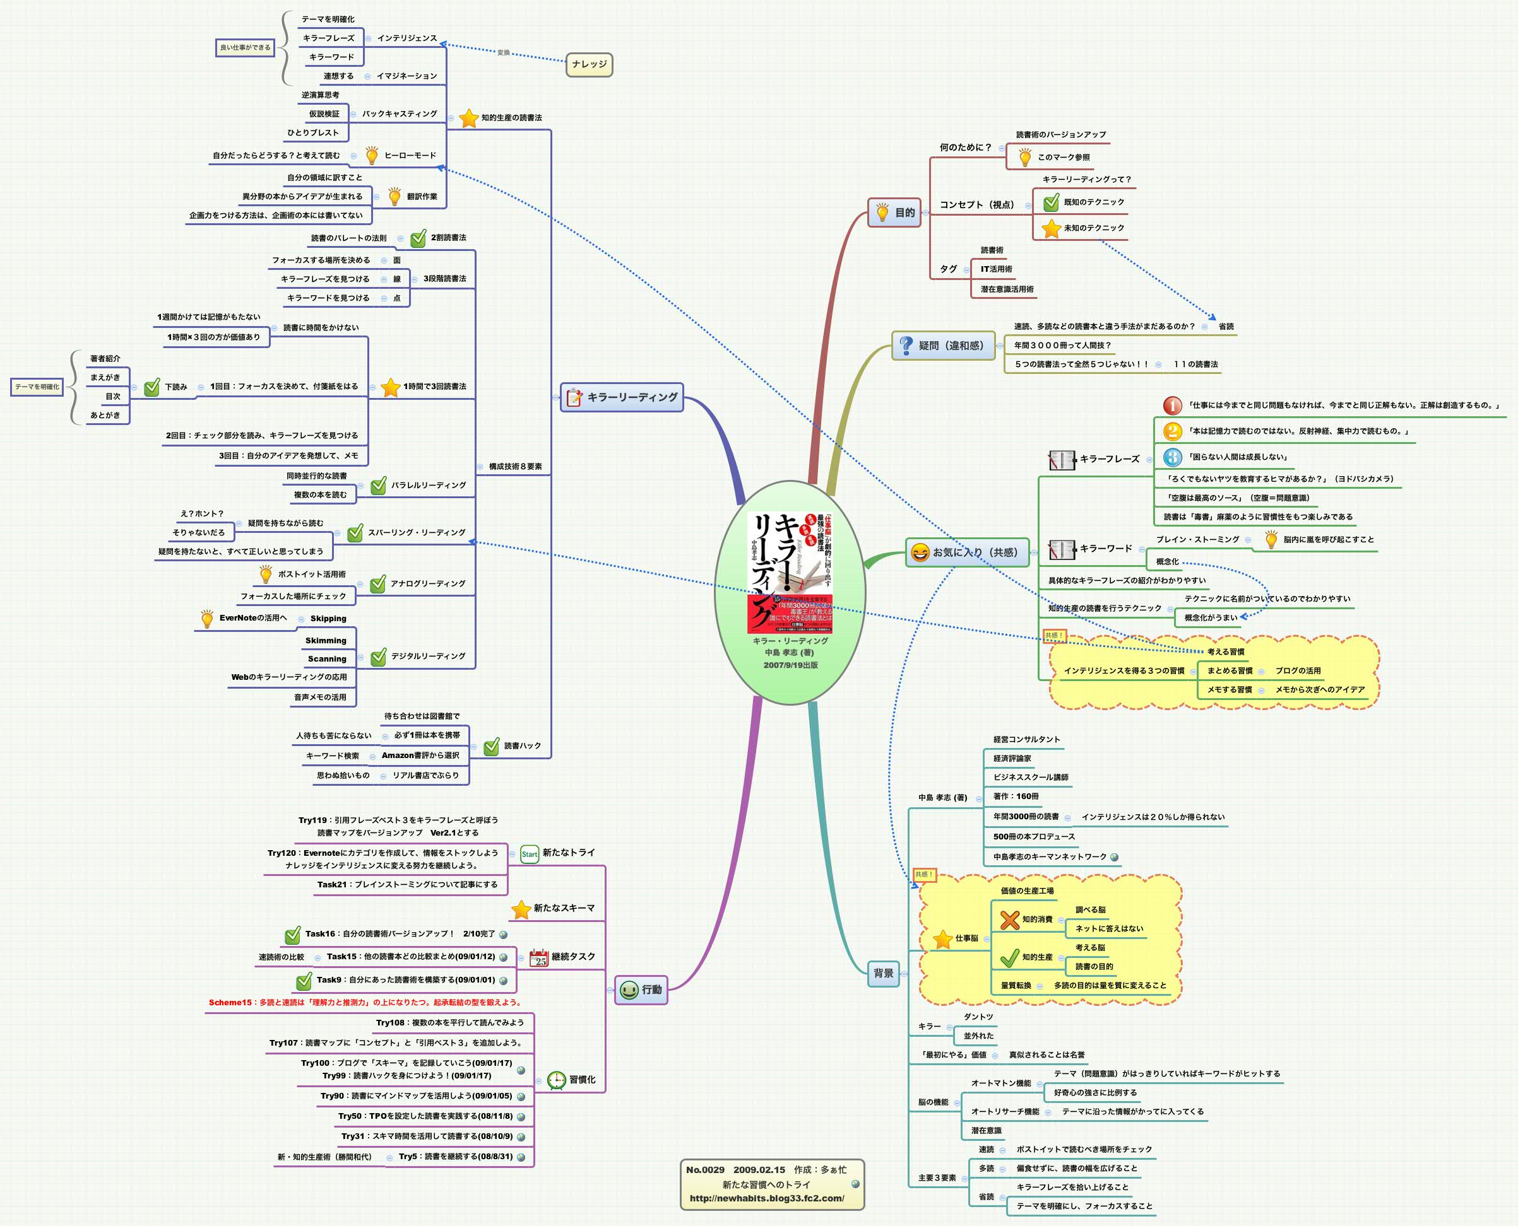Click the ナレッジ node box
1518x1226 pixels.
[590, 64]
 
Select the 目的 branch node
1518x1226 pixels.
[894, 213]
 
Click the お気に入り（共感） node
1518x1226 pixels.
[967, 552]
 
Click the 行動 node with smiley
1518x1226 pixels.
[641, 990]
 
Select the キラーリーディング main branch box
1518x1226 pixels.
[622, 397]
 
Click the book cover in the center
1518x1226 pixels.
[790, 571]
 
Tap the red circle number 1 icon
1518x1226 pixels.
[1171, 406]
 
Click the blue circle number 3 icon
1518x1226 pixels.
[1171, 457]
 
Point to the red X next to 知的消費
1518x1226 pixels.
[1009, 919]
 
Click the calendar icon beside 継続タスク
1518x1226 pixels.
[538, 957]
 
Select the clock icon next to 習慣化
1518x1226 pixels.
[557, 1080]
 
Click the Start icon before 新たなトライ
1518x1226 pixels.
[530, 854]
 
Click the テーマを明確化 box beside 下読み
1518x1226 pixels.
[37, 387]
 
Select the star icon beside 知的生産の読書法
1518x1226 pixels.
[468, 118]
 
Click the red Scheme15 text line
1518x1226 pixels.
[365, 1002]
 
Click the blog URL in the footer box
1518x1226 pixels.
[766, 1198]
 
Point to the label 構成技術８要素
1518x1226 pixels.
[515, 467]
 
